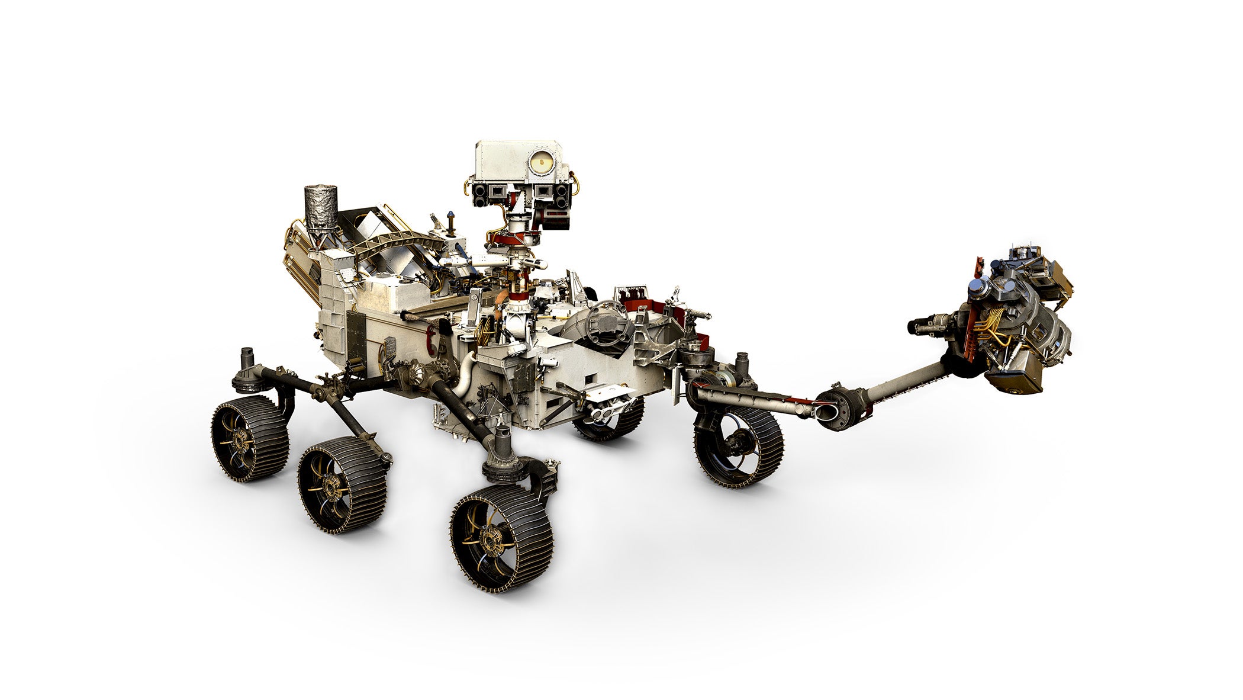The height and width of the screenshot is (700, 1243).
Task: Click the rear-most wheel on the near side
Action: pyautogui.click(x=249, y=437)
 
